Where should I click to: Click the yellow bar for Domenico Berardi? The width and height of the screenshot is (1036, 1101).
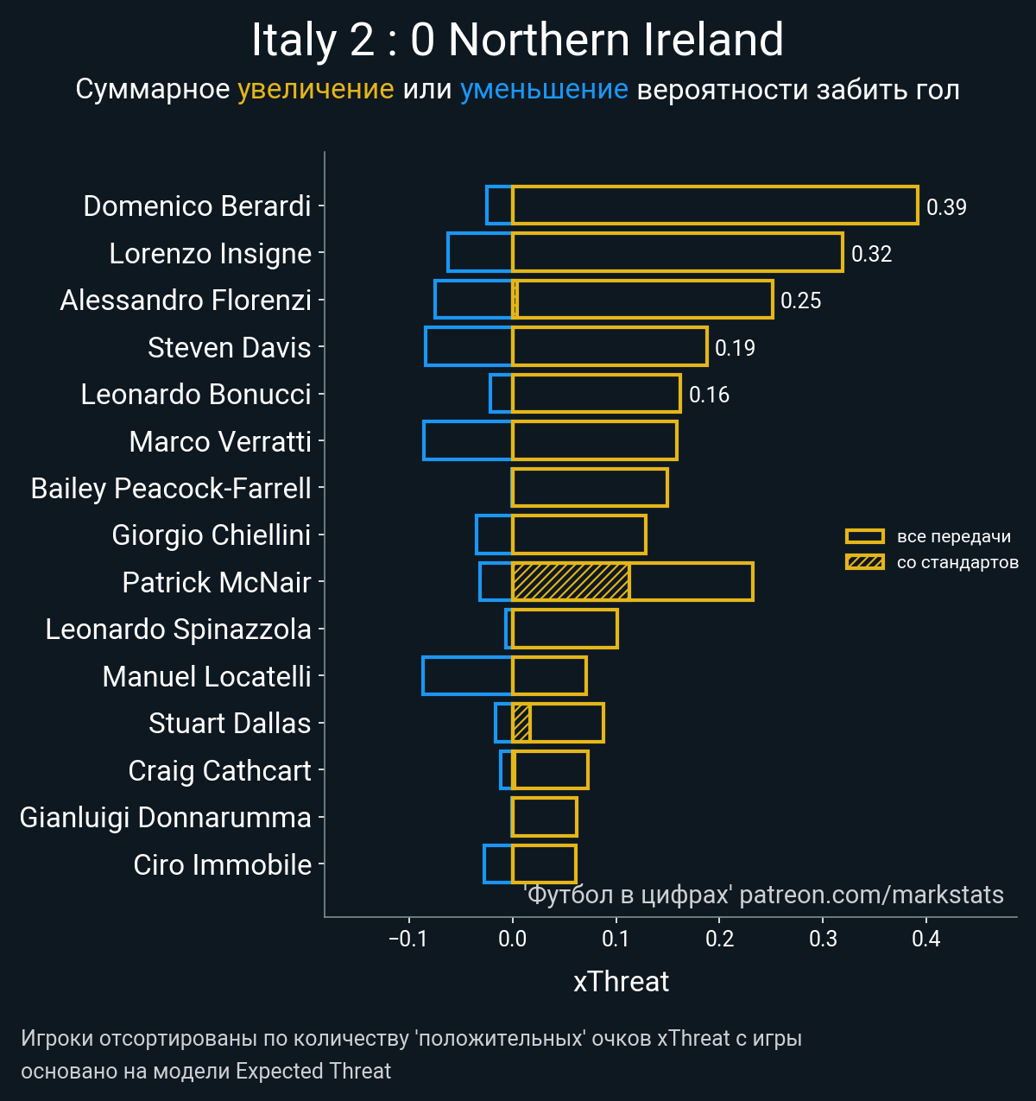pyautogui.click(x=715, y=206)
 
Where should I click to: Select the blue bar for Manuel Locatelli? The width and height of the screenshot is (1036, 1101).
pyautogui.click(x=467, y=675)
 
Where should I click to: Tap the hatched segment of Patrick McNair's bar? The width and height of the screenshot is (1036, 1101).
pyautogui.click(x=570, y=581)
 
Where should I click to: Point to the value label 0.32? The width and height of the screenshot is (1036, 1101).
pyautogui.click(x=871, y=254)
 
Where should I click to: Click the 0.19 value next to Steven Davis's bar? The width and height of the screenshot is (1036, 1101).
pyautogui.click(x=735, y=348)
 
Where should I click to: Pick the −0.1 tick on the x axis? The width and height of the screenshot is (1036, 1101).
pyautogui.click(x=408, y=939)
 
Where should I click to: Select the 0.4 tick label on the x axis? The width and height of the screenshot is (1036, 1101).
pyautogui.click(x=926, y=939)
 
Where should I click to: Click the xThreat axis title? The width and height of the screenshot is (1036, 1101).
pyautogui.click(x=621, y=982)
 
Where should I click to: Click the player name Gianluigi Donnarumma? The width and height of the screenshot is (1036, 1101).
pyautogui.click(x=165, y=817)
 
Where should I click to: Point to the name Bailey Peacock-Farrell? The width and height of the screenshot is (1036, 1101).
pyautogui.click(x=171, y=488)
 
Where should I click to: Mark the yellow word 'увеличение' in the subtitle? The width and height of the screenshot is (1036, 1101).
pyautogui.click(x=315, y=89)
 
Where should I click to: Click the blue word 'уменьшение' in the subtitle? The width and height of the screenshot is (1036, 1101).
pyautogui.click(x=544, y=89)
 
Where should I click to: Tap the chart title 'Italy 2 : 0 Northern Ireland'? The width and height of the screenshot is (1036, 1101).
pyautogui.click(x=517, y=40)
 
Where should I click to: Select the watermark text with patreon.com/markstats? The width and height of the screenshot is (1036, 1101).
pyautogui.click(x=764, y=895)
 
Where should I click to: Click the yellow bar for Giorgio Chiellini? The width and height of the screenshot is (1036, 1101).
pyautogui.click(x=578, y=535)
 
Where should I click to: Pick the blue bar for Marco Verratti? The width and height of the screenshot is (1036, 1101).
pyautogui.click(x=467, y=440)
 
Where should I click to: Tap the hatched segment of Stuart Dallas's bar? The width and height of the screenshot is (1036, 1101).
pyautogui.click(x=521, y=723)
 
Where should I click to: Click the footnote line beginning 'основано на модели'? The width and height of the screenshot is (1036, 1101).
pyautogui.click(x=205, y=1072)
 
